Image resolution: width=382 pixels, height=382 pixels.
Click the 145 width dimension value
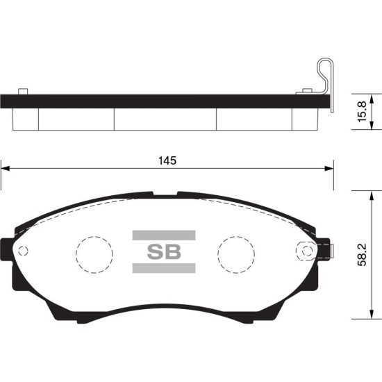point(167,161)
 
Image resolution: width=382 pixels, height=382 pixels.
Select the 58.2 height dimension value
point(362,255)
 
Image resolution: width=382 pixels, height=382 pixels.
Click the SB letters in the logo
point(164,251)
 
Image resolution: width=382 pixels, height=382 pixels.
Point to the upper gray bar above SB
point(164,235)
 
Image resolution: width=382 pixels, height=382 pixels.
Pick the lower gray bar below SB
point(164,268)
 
